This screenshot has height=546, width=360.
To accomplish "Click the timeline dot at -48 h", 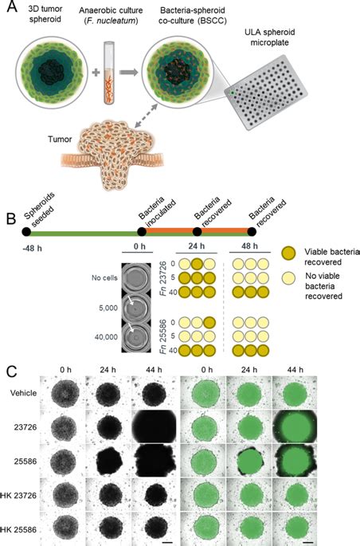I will [x=27, y=232].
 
